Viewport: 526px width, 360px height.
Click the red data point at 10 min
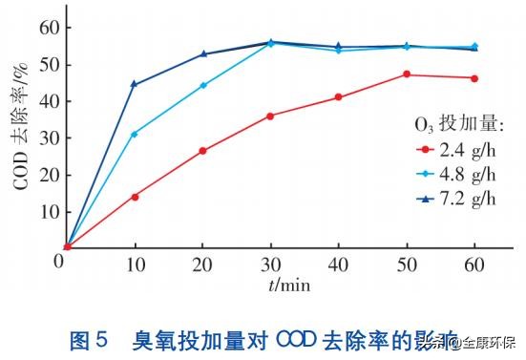point(135,197)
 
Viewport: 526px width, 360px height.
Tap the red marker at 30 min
point(270,116)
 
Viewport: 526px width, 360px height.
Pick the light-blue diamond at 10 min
point(135,134)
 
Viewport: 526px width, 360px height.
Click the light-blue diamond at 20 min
point(202,85)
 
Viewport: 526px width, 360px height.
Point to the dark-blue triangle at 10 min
point(135,84)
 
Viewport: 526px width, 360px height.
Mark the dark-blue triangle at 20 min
point(202,54)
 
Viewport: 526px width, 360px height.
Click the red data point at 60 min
point(474,78)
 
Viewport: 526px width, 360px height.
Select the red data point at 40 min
point(339,97)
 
